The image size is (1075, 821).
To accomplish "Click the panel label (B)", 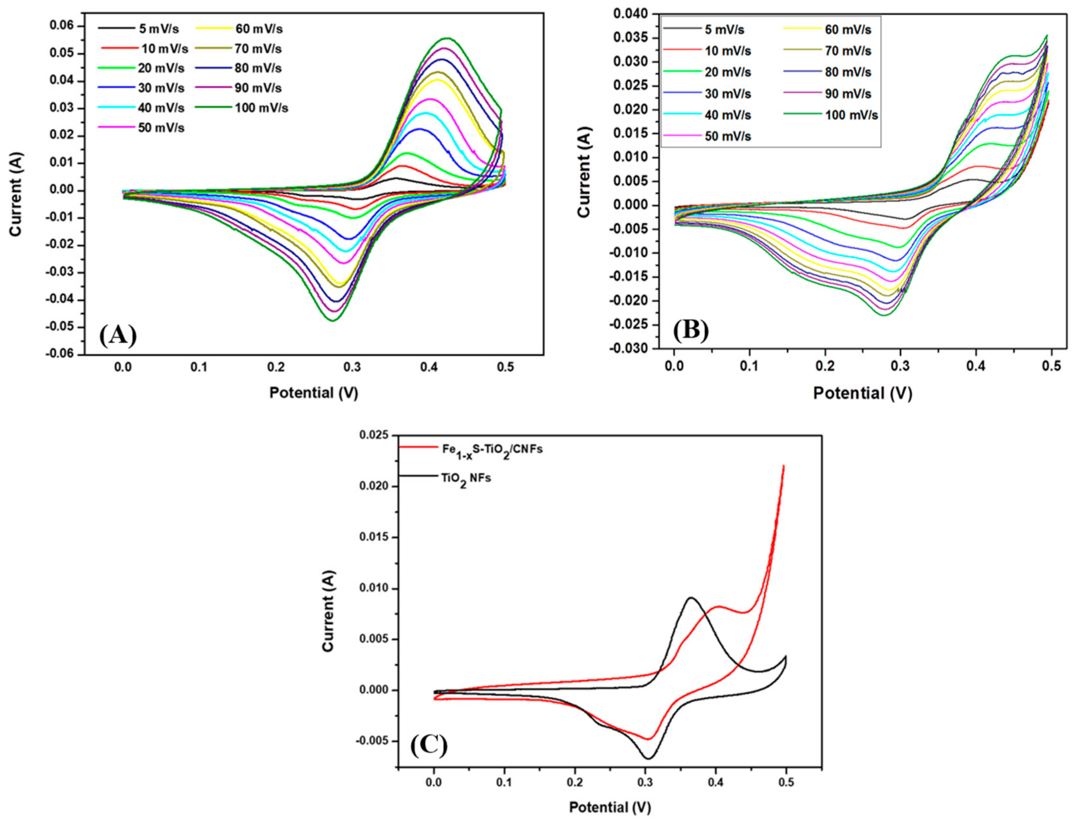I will (x=691, y=331).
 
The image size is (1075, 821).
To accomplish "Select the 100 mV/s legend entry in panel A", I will (x=261, y=108).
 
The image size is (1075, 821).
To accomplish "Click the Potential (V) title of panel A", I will (x=314, y=392).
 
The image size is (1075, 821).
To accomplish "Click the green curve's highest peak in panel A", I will (x=447, y=38).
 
